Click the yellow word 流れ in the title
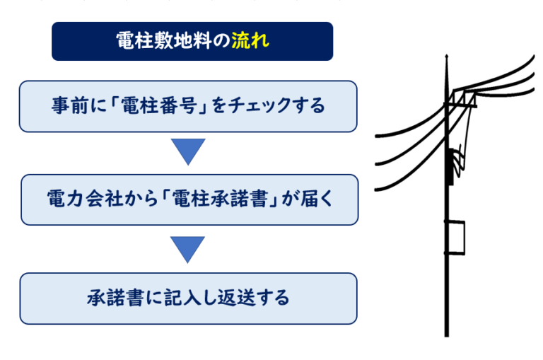point(250,41)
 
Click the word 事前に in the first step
point(76,106)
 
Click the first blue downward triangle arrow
point(188,151)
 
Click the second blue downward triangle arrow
point(188,248)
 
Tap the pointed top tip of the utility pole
point(446,57)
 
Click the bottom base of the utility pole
point(447,332)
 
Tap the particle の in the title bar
point(223,41)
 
